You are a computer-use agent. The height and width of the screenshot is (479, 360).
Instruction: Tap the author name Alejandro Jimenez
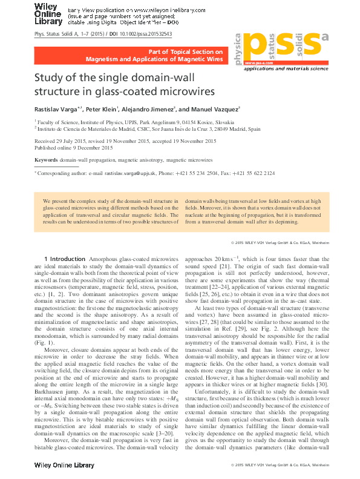147,110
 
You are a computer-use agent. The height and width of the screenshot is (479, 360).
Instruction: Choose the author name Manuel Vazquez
201,110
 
